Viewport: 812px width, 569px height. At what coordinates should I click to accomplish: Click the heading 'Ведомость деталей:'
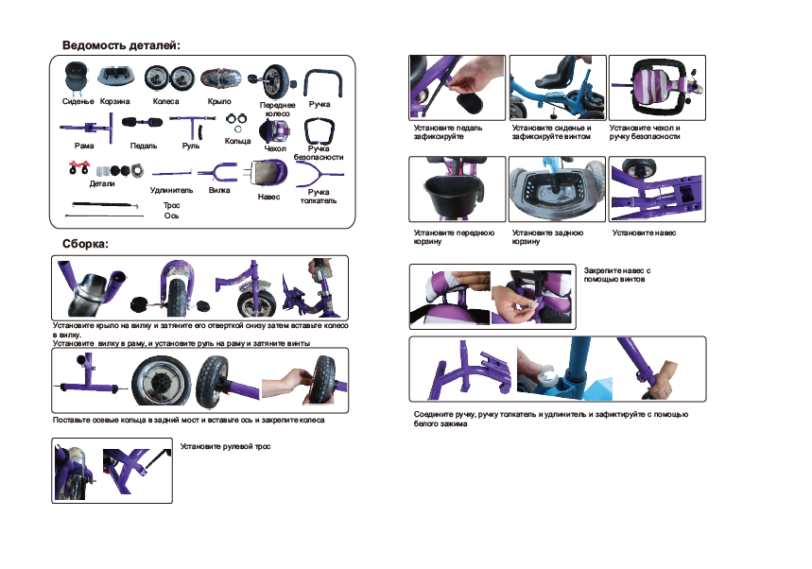pos(121,45)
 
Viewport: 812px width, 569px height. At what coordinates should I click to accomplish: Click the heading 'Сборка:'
pos(85,244)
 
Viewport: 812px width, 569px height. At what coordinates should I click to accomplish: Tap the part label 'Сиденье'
pos(78,101)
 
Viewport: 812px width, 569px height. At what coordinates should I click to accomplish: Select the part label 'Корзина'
pos(115,101)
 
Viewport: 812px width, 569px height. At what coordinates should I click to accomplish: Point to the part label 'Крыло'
pos(219,101)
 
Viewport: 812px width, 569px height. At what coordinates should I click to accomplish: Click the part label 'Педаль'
pos(144,146)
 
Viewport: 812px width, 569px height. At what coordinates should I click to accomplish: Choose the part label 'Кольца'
pos(237,141)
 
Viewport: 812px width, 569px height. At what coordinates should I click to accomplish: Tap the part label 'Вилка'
pos(219,190)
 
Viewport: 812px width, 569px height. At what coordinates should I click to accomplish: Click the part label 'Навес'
pos(268,197)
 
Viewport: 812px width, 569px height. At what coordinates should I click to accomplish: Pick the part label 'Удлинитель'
pos(171,190)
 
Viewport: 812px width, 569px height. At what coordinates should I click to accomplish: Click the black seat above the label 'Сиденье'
pos(78,78)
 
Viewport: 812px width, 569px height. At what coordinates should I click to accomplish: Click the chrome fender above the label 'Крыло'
pos(221,78)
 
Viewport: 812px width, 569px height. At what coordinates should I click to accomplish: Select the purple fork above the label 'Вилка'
pos(217,172)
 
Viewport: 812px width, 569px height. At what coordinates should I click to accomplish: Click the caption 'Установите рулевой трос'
pos(225,446)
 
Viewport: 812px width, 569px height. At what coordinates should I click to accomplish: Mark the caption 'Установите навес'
pos(645,233)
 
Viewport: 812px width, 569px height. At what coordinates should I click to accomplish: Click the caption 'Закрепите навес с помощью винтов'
pos(616,275)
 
